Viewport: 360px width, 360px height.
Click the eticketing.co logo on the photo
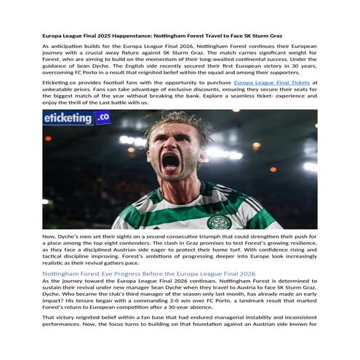[x=76, y=118]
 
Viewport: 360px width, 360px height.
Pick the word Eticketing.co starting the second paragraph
[x=62, y=83]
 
